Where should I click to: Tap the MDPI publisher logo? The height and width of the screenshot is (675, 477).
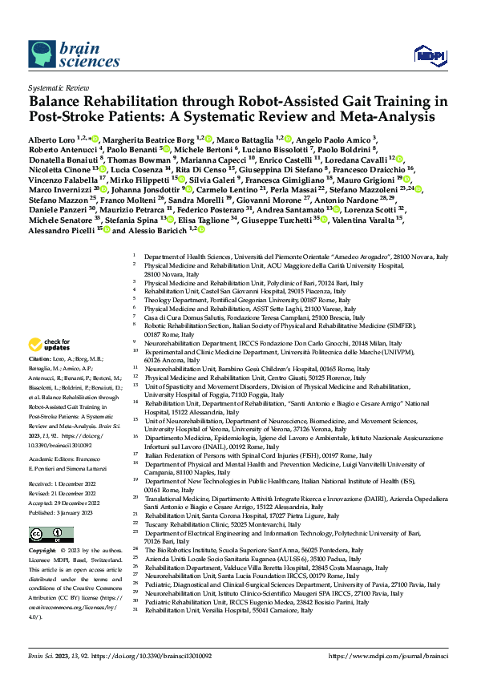click(426, 55)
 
